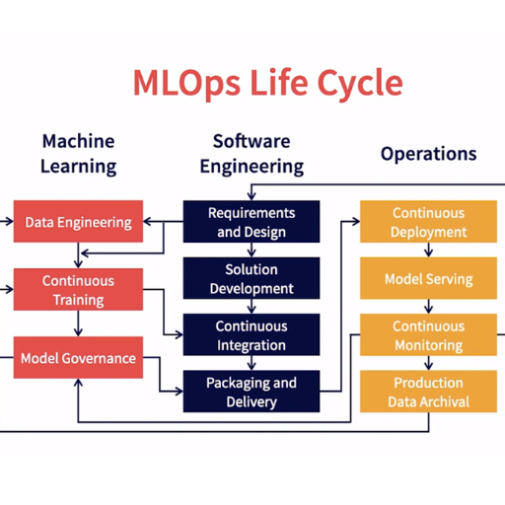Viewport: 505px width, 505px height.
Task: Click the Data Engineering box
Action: pos(78,221)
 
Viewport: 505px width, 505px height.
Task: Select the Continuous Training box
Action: pos(78,289)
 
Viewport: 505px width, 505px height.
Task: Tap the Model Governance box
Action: pos(78,357)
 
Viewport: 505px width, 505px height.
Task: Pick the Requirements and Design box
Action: pos(252,222)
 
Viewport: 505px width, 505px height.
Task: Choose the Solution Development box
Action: pos(252,278)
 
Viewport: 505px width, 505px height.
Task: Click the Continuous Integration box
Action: pos(252,334)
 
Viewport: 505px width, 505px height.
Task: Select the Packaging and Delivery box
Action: pos(252,392)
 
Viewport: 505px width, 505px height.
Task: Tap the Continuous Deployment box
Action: pos(428,222)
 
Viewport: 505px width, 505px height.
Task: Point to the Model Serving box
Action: pos(428,278)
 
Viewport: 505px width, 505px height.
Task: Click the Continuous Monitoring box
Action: pos(428,334)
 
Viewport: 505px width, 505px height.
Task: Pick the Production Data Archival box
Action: pos(428,392)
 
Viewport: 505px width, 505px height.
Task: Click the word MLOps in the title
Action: pos(186,84)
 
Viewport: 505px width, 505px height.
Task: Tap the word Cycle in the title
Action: pos(360,84)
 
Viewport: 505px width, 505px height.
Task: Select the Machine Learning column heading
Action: pos(78,154)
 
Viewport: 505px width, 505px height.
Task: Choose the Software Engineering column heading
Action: pos(252,154)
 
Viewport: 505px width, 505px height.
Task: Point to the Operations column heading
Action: pos(428,154)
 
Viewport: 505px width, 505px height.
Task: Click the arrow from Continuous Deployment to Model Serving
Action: pos(428,250)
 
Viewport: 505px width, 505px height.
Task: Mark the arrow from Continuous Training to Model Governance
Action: pos(78,324)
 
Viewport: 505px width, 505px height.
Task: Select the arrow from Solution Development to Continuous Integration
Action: pos(252,307)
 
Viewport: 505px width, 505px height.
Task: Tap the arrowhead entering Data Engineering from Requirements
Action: pos(147,221)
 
